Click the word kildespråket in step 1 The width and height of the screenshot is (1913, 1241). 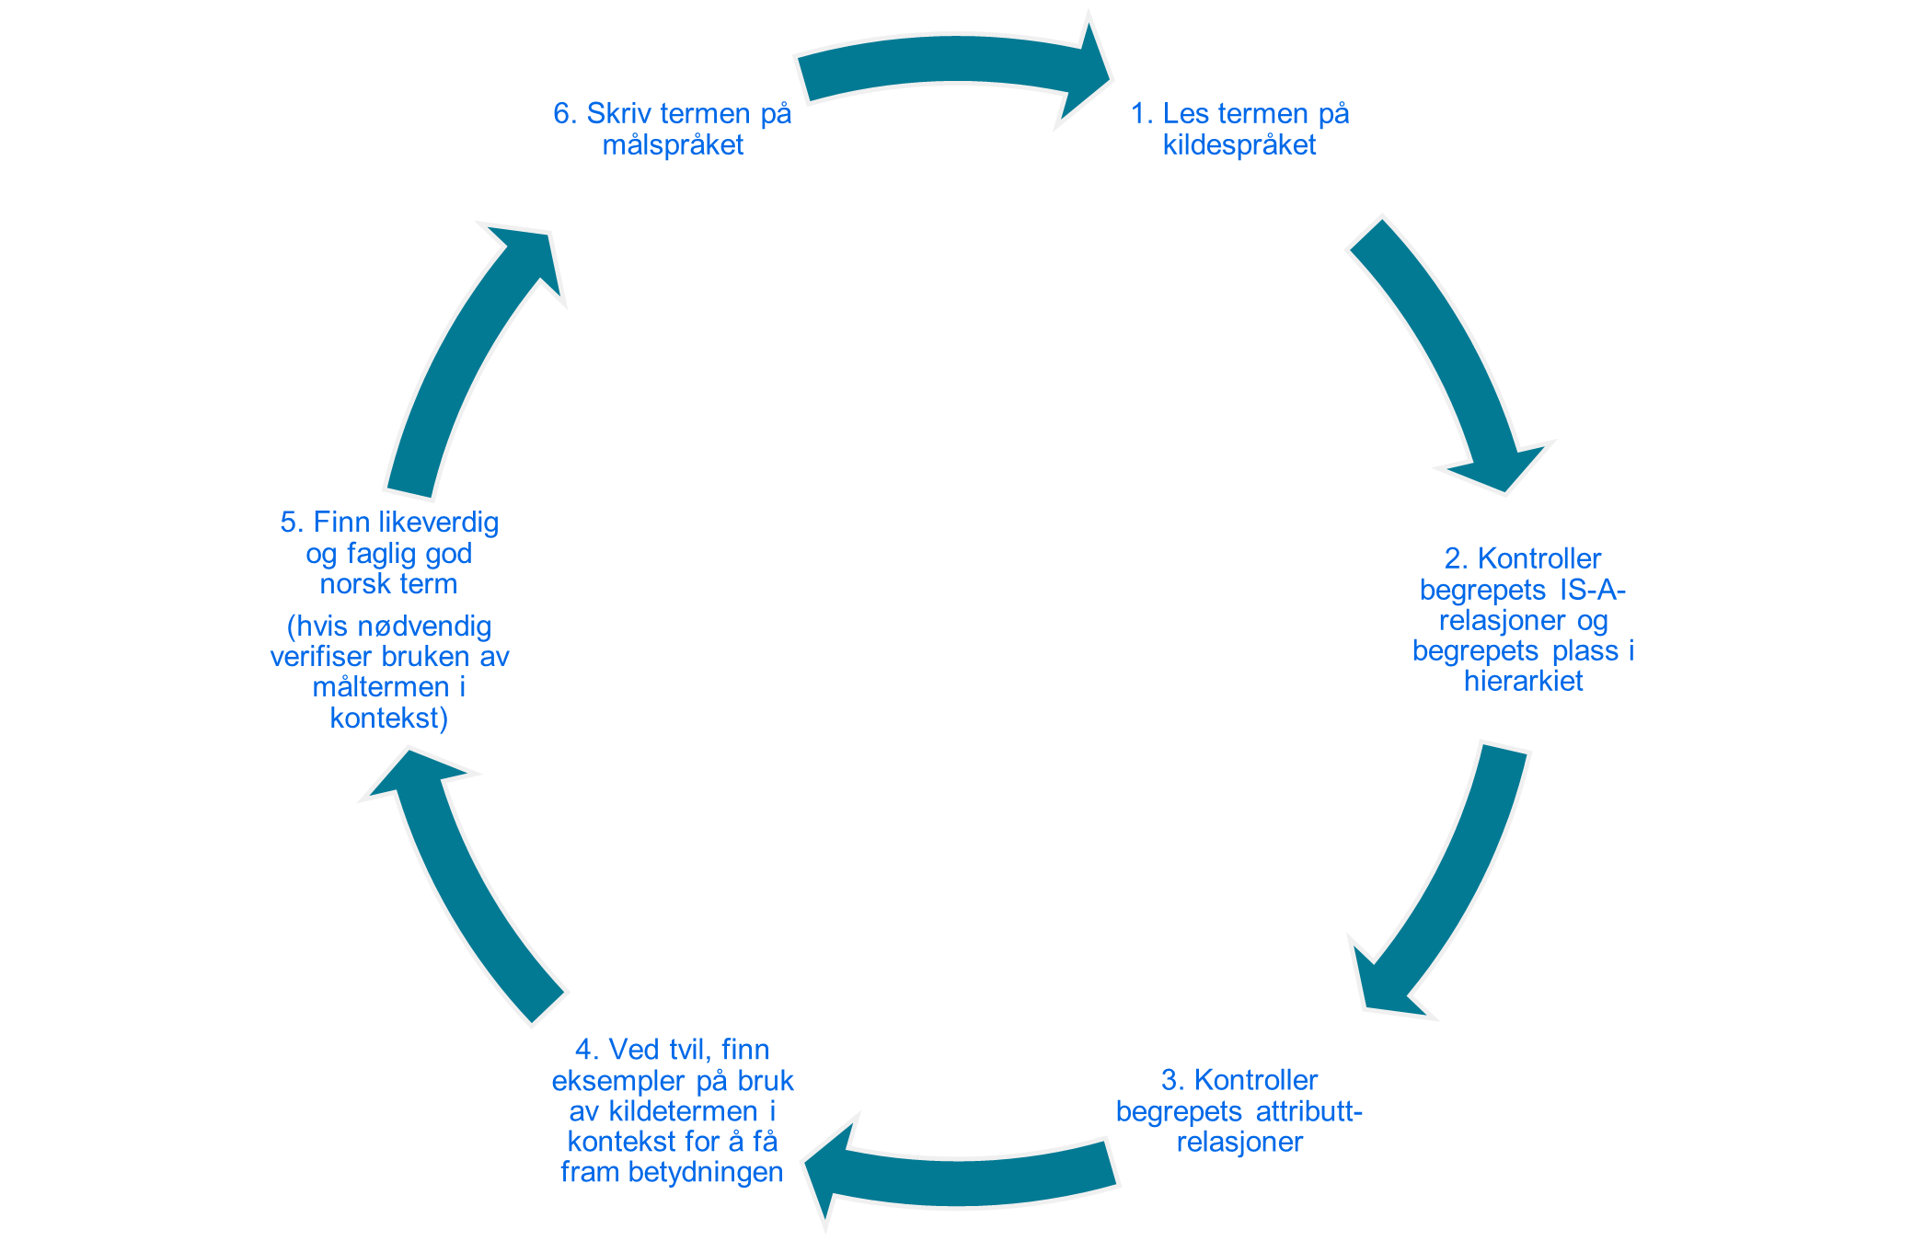tap(1239, 145)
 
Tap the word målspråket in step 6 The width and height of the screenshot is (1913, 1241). tap(673, 145)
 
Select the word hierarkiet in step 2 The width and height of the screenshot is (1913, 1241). tap(1523, 682)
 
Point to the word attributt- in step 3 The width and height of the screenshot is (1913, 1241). tap(1308, 1111)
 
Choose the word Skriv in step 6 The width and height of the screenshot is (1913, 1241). tap(619, 114)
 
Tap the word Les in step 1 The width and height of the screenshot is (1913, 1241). tap(1185, 114)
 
